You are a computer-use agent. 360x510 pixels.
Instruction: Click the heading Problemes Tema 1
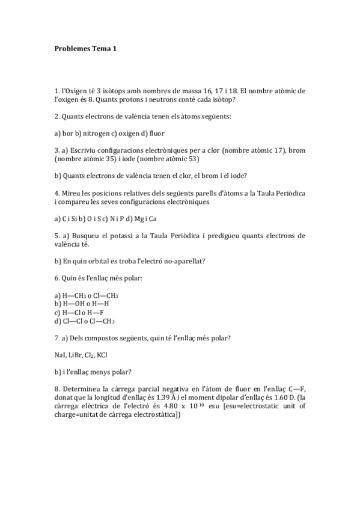click(85, 49)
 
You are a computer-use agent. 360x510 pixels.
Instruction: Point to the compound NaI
click(60, 355)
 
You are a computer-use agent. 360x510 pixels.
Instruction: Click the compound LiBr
click(78, 355)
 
